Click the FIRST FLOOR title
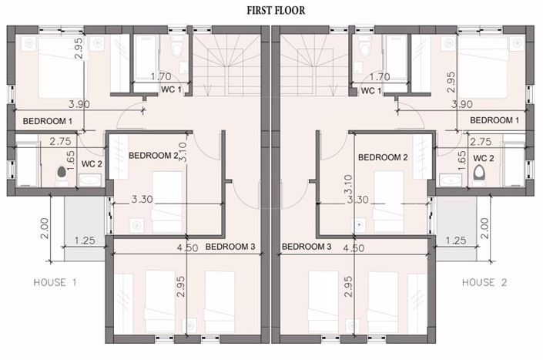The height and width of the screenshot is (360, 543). [x=276, y=10]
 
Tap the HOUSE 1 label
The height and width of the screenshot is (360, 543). [x=55, y=282]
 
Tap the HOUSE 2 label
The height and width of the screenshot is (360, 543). [x=484, y=282]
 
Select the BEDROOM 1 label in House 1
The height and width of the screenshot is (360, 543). [x=48, y=121]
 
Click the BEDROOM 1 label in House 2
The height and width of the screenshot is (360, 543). [x=494, y=120]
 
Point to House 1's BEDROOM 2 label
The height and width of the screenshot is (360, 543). [x=153, y=156]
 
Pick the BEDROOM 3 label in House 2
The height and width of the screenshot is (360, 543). [x=307, y=247]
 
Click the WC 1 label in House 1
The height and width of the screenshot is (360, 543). [x=171, y=89]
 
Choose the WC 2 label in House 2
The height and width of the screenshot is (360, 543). [x=484, y=158]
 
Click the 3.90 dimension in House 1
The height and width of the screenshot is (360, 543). [x=79, y=104]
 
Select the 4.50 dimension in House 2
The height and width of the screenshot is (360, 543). [x=354, y=248]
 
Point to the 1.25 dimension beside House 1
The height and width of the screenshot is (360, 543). [x=85, y=240]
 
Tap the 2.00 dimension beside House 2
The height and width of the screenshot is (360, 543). [x=484, y=228]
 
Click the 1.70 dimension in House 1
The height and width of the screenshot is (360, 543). [x=161, y=76]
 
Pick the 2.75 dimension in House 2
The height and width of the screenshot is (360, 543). [x=481, y=142]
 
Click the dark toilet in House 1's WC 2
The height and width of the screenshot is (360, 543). [x=62, y=172]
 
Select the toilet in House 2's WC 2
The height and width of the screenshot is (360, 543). [x=479, y=172]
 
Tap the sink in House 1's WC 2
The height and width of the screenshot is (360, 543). [x=90, y=180]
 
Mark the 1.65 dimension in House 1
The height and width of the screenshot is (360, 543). [x=70, y=160]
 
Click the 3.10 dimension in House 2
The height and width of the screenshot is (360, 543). [x=349, y=185]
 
